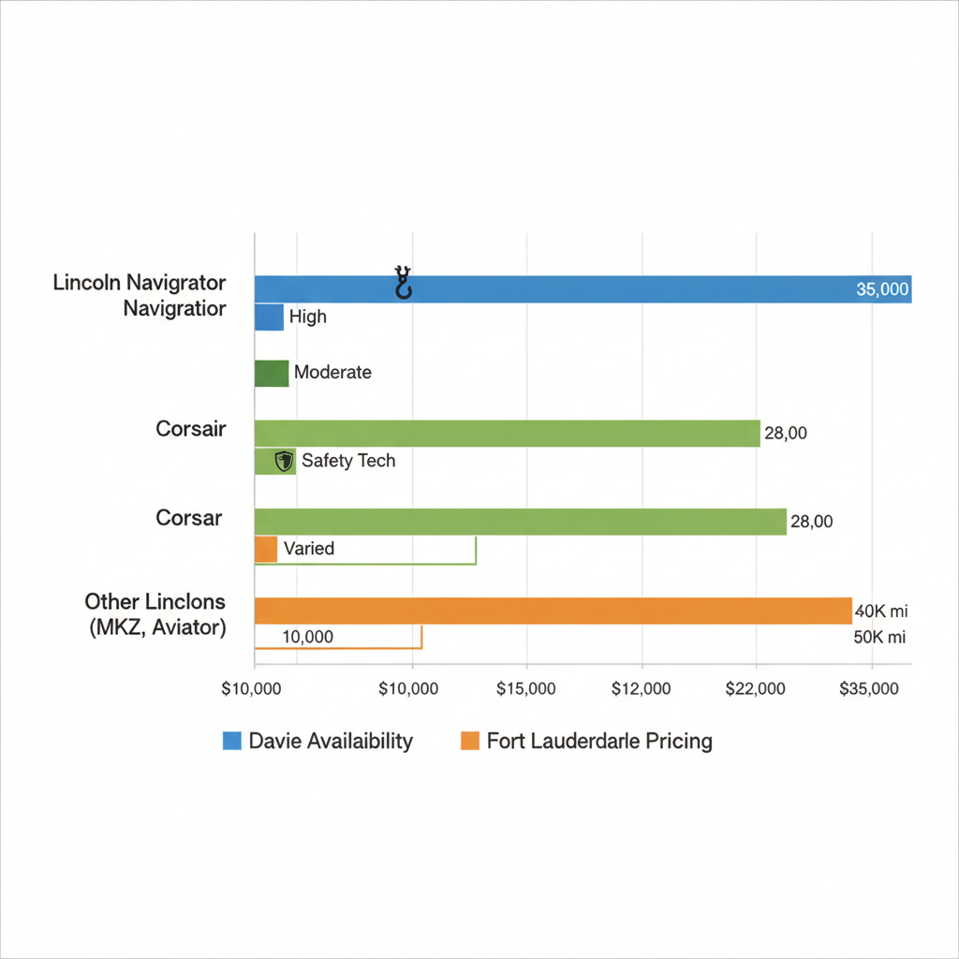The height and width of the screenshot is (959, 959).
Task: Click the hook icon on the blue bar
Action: (x=404, y=282)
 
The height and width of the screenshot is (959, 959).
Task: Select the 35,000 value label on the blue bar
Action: (x=882, y=289)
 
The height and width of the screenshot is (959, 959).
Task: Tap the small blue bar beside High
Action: (x=269, y=317)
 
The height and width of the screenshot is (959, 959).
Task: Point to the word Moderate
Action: (x=332, y=372)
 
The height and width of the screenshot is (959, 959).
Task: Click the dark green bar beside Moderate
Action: (x=272, y=373)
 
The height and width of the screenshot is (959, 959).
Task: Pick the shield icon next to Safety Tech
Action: (x=283, y=461)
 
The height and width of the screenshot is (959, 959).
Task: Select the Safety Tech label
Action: (x=348, y=461)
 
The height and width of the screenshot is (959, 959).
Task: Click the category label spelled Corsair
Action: (x=191, y=431)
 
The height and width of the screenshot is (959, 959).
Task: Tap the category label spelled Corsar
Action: (x=188, y=518)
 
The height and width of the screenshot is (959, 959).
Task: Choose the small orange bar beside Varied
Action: (x=266, y=549)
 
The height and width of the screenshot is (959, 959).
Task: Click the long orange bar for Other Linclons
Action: (x=553, y=611)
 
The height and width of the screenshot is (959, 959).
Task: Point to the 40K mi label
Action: (x=881, y=612)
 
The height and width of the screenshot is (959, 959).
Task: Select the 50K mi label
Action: (x=881, y=638)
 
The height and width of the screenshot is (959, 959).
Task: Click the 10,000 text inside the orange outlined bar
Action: (x=306, y=638)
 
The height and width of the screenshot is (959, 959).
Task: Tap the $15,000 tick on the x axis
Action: (x=527, y=689)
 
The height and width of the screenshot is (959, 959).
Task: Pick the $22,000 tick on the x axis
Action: (x=756, y=689)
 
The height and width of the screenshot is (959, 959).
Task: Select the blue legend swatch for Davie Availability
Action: (x=232, y=742)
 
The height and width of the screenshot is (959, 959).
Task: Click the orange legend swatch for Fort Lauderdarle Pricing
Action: (x=470, y=742)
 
